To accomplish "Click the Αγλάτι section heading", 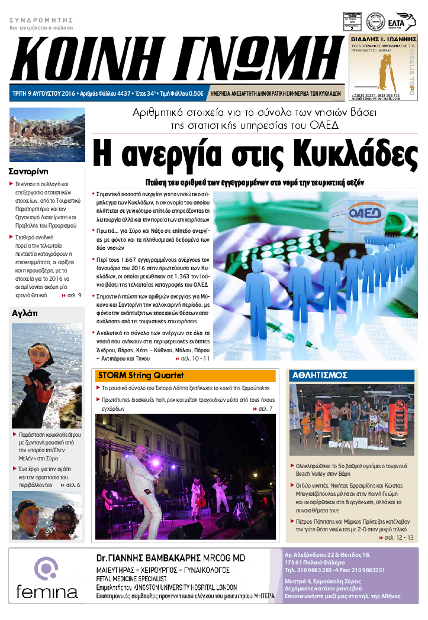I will click(x=25, y=314).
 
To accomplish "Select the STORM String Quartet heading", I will click(x=141, y=375).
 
